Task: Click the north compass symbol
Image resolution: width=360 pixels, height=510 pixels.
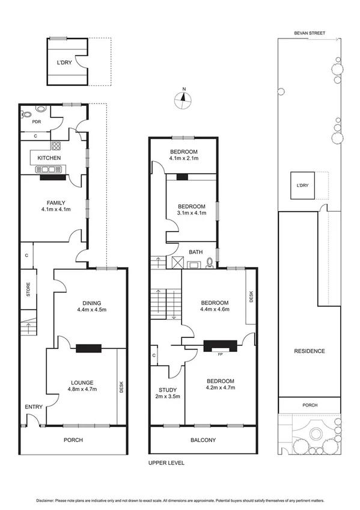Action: [183, 100]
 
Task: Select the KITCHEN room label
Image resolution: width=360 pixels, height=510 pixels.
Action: [49, 158]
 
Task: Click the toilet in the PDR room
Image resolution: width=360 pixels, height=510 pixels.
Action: [27, 114]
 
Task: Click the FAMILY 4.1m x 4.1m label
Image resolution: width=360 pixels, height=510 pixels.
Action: [55, 206]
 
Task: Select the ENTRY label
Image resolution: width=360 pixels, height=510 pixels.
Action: [34, 407]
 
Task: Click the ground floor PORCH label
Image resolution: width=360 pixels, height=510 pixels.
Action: [73, 440]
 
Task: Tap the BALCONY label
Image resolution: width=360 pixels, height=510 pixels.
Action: [203, 440]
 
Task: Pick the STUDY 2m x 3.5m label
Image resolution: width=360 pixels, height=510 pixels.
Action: [168, 393]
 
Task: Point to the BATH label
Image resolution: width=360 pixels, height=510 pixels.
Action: [195, 252]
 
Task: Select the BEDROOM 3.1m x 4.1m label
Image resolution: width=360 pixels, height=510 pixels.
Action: [191, 209]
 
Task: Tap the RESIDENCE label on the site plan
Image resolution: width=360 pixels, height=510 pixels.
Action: [310, 351]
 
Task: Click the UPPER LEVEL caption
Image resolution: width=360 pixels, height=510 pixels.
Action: [166, 463]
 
